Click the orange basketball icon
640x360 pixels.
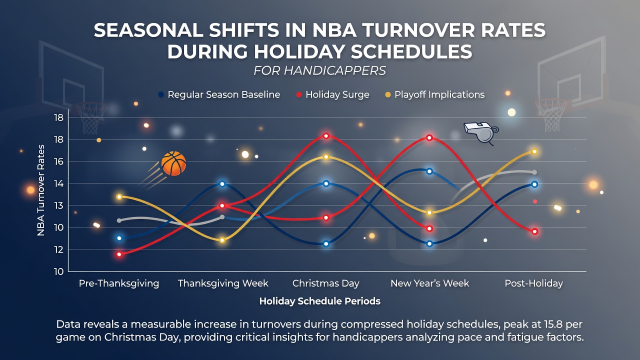click(173, 163)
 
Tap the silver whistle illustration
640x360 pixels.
click(481, 132)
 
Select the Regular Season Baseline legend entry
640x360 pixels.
click(219, 94)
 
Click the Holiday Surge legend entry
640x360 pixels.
click(333, 94)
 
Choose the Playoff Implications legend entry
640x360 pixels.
click(435, 94)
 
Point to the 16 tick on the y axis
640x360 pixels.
click(58, 161)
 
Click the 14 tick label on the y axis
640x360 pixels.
click(58, 183)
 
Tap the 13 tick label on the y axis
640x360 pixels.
click(58, 205)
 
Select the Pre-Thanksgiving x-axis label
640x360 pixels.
click(119, 283)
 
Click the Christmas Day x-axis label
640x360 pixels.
click(325, 283)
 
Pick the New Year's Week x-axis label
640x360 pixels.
click(429, 283)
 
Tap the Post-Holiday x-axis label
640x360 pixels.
click(533, 283)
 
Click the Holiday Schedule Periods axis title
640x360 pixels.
click(319, 301)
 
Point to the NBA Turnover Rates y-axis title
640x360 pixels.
click(41, 190)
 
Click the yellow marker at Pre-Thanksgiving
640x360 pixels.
click(119, 197)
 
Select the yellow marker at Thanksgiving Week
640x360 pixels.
click(222, 240)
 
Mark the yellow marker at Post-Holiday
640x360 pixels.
click(534, 151)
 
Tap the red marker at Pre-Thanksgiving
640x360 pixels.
click(119, 254)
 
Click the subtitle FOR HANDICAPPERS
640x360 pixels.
click(319, 70)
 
